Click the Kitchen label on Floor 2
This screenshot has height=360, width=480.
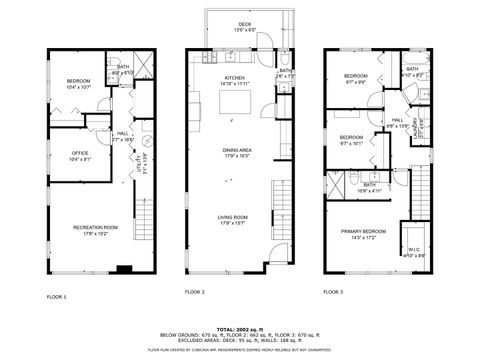tap(235, 77)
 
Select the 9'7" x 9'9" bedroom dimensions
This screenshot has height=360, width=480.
tap(355, 83)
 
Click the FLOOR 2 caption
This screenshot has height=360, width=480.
tap(194, 291)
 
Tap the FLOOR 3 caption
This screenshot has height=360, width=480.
tap(331, 291)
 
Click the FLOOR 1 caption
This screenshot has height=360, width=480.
tap(56, 297)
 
